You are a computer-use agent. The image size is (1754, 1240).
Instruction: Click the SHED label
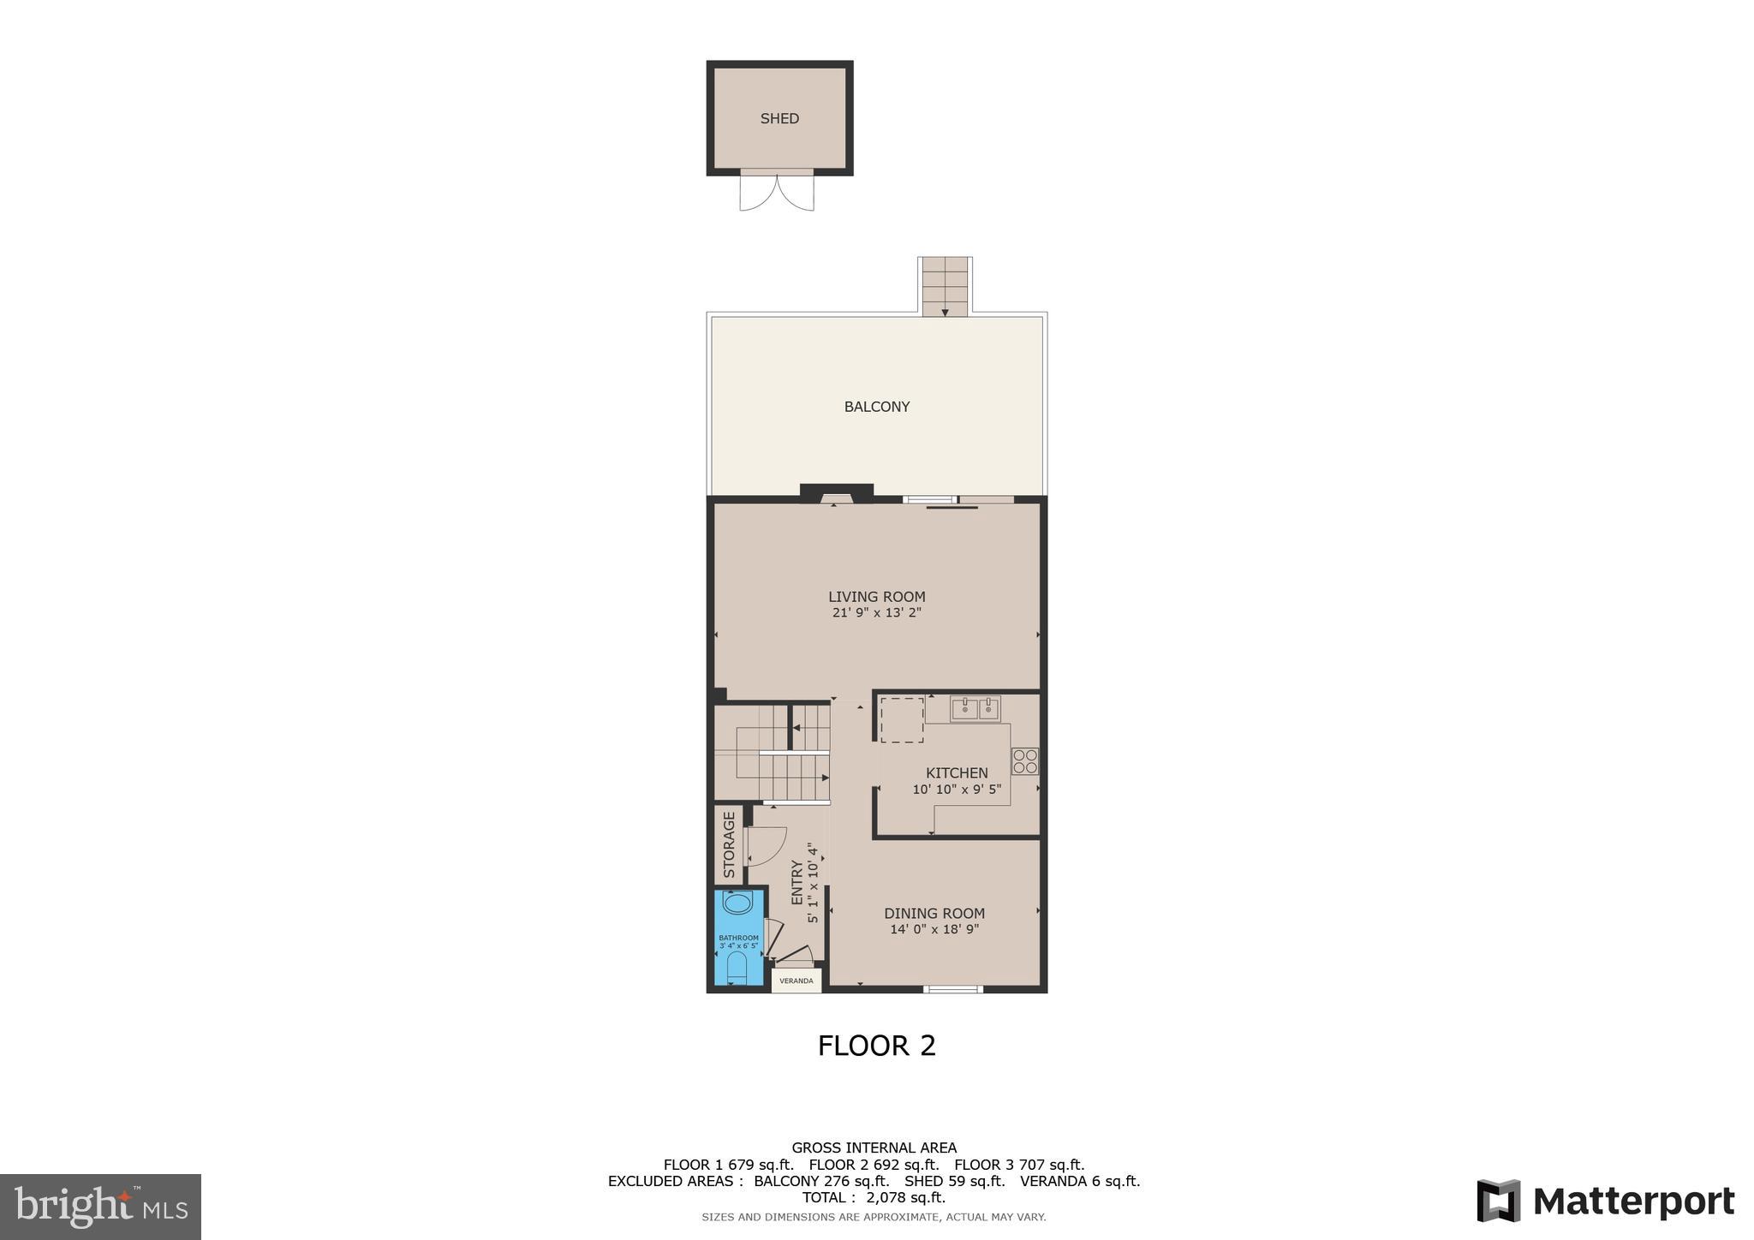coord(779,118)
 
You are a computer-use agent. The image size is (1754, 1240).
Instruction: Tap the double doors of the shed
coord(777,193)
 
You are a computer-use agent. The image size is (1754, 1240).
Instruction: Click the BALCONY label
coord(876,407)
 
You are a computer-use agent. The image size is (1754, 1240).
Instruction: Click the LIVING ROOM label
coord(876,597)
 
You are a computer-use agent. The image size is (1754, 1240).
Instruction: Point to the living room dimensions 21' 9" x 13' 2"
coord(876,613)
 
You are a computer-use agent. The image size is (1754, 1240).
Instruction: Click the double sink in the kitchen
coord(975,709)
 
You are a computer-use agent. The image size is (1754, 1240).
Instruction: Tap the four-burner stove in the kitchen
coord(1025,761)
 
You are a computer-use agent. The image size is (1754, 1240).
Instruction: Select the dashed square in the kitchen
coord(902,719)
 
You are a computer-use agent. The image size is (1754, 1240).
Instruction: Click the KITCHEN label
coord(957,772)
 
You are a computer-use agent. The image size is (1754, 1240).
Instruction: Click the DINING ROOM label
coord(934,914)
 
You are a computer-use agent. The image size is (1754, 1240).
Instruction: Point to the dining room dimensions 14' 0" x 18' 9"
coord(934,929)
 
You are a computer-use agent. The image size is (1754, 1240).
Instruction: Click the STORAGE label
coord(729,844)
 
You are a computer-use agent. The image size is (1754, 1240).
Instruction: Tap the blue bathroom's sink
coord(737,903)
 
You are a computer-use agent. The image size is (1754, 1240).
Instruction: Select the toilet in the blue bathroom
coord(737,967)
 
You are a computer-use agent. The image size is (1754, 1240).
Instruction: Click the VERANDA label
coord(796,981)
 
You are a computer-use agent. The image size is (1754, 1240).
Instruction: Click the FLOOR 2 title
coord(876,1046)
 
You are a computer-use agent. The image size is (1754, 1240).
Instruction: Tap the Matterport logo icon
coord(1498,1201)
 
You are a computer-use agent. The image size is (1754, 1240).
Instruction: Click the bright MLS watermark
coord(100,1207)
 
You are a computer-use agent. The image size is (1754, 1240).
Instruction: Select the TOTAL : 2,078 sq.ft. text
coord(874,1197)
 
